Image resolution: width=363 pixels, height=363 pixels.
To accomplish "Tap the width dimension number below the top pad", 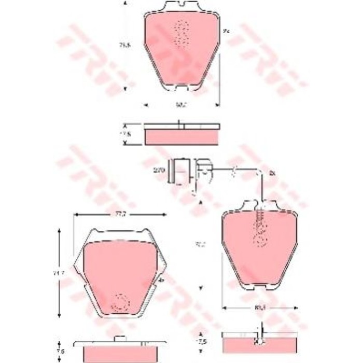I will point(180,105).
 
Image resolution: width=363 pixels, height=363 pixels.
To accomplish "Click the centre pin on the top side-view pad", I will point(178,123).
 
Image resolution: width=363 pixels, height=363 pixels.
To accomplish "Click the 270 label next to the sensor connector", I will point(159,170).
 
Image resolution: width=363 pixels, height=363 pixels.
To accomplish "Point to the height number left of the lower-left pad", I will point(61,271).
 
